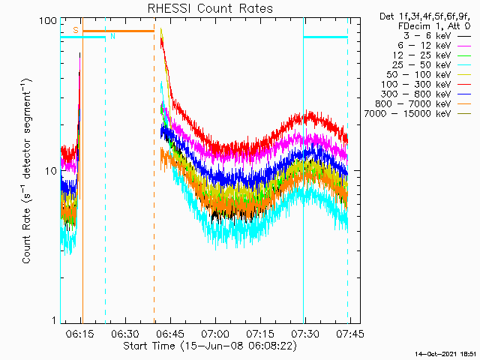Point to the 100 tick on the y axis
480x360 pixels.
(x=48, y=20)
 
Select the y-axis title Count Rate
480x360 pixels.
(x=27, y=171)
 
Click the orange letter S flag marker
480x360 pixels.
(x=75, y=30)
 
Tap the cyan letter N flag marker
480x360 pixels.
(x=112, y=35)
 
